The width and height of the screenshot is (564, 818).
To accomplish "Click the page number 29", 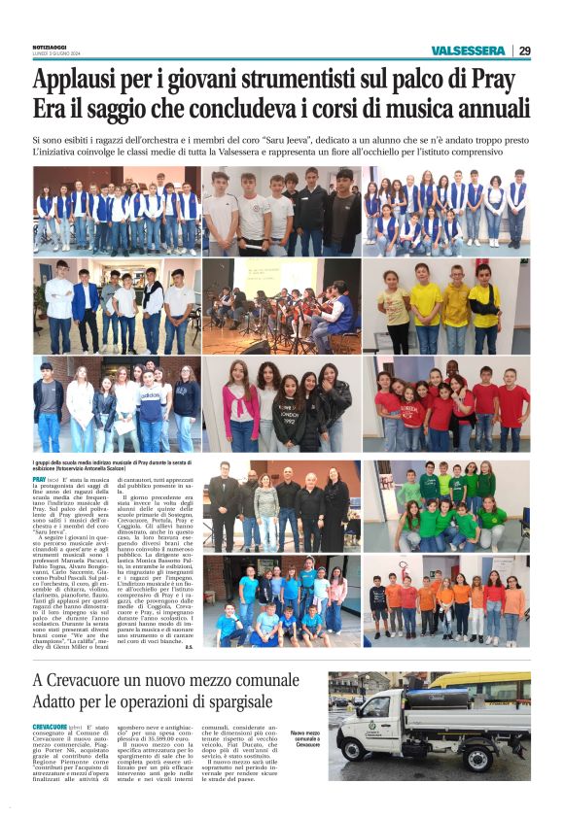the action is [525, 51].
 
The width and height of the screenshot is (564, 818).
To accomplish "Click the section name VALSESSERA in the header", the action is [469, 51].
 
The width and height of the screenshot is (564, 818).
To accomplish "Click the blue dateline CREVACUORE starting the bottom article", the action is [51, 727].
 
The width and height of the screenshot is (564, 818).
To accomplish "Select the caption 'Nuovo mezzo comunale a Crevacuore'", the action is [307, 738].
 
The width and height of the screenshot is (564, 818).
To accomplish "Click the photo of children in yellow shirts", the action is [445, 306].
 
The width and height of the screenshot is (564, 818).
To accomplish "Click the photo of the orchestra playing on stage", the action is [281, 306].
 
